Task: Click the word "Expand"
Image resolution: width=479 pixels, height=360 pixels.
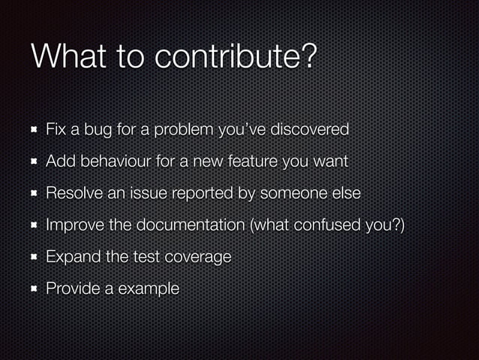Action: pyautogui.click(x=71, y=256)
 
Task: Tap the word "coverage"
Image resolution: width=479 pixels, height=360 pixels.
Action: pyautogui.click(x=197, y=257)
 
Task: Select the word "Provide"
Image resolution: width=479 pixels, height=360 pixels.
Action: pyautogui.click(x=73, y=288)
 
